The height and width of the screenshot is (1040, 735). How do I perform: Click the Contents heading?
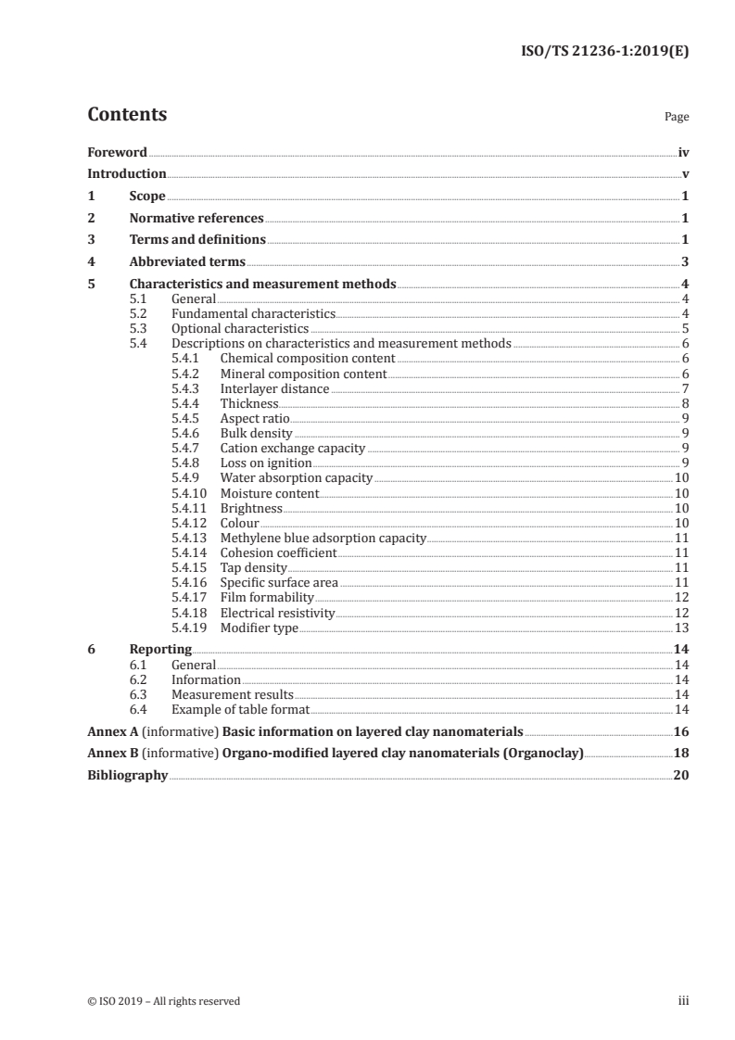[127, 115]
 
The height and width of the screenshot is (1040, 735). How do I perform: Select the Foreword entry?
[117, 152]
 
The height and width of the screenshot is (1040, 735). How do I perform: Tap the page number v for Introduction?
[685, 174]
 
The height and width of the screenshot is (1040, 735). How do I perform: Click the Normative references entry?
[196, 219]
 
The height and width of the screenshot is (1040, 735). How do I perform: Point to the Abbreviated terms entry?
[187, 262]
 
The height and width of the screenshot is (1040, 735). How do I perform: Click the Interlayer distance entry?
[274, 389]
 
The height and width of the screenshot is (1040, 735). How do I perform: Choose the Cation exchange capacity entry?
[293, 449]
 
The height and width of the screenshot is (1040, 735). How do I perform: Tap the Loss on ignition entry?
[266, 463]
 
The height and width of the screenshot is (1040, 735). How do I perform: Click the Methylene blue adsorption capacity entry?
[323, 538]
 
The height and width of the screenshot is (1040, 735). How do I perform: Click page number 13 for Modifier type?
[681, 628]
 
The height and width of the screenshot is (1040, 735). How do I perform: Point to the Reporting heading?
[160, 650]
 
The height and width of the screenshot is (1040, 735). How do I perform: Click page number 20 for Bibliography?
[680, 775]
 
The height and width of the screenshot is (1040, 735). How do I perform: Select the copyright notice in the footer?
[164, 1001]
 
